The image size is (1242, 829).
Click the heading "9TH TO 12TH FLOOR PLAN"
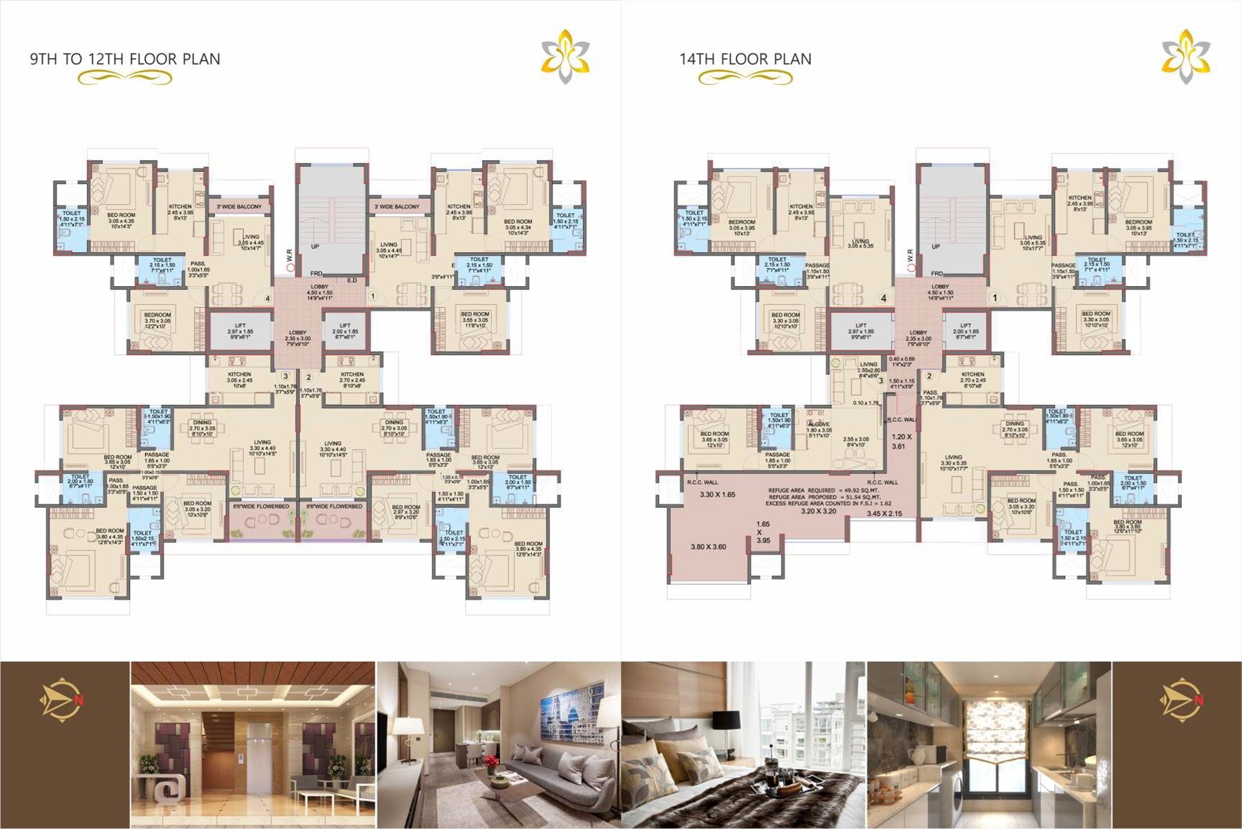click(125, 59)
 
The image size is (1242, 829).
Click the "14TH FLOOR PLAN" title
click(745, 59)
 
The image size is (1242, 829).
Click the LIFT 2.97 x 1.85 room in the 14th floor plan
click(861, 332)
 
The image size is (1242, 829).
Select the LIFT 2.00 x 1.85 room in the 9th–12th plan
click(345, 332)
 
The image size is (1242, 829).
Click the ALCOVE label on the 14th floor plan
click(819, 425)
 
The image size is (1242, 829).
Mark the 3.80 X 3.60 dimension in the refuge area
click(708, 547)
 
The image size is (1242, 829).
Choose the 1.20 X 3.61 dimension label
click(901, 441)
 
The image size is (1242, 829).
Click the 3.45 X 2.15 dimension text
click(884, 514)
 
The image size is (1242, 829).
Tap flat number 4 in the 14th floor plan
click(883, 299)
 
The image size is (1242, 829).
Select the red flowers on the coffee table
click(491, 761)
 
